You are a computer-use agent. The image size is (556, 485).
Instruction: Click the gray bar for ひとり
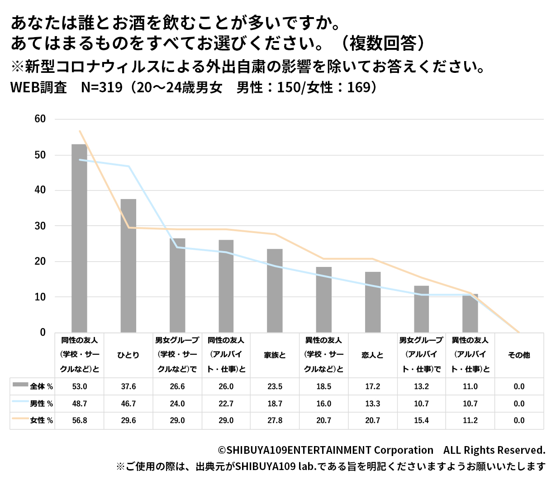128,266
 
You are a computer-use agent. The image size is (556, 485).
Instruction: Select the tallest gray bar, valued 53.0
79,238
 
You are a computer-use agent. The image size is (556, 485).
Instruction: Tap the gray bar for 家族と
275,290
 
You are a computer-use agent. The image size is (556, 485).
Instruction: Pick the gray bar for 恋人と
373,302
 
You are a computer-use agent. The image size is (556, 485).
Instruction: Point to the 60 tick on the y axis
40,119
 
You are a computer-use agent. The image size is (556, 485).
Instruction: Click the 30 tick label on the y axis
40,226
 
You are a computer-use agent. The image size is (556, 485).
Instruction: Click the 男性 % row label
41,404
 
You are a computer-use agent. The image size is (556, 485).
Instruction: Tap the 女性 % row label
41,420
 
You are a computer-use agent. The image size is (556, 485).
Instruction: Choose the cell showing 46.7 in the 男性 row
128,404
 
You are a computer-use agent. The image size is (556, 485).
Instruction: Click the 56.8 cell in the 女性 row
80,420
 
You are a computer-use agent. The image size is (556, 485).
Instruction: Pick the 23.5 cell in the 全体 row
275,386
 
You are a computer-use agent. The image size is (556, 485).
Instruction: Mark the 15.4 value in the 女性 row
421,420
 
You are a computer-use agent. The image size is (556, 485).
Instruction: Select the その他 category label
519,355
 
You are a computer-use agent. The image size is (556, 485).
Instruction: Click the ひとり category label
128,355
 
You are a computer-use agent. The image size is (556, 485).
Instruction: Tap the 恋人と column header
373,355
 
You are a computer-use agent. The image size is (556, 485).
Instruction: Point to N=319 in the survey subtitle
102,87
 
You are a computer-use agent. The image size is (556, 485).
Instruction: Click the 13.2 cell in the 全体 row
421,386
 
